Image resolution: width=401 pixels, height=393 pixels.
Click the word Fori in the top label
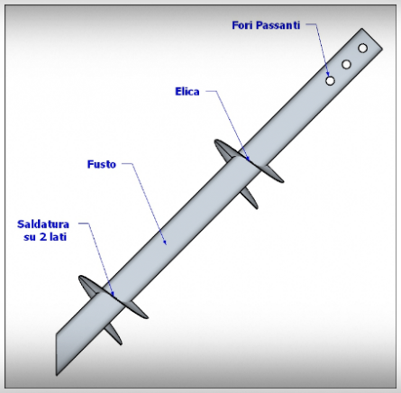point(242,25)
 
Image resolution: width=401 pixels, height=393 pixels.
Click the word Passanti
point(278,25)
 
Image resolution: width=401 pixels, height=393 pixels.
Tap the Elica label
point(187,91)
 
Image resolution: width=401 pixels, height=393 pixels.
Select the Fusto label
point(102,164)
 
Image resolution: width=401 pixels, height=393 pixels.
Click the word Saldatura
point(43,224)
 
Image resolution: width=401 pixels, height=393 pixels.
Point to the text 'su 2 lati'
point(45,237)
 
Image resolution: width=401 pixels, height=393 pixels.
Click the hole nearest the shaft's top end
point(362,48)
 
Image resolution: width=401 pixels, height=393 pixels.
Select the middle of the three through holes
point(346,64)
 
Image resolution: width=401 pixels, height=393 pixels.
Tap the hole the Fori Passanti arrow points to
point(330,80)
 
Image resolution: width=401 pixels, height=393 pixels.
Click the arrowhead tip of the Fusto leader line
point(166,244)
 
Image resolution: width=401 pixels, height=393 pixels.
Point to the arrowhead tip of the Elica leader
point(248,159)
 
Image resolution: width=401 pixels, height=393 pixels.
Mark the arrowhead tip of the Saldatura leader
point(114,296)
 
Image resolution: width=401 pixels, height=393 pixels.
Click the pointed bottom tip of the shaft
point(57,375)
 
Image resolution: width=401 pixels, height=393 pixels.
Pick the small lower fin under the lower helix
point(114,334)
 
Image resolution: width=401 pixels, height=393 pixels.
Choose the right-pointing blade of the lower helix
point(137,309)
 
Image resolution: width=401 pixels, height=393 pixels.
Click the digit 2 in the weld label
point(43,237)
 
